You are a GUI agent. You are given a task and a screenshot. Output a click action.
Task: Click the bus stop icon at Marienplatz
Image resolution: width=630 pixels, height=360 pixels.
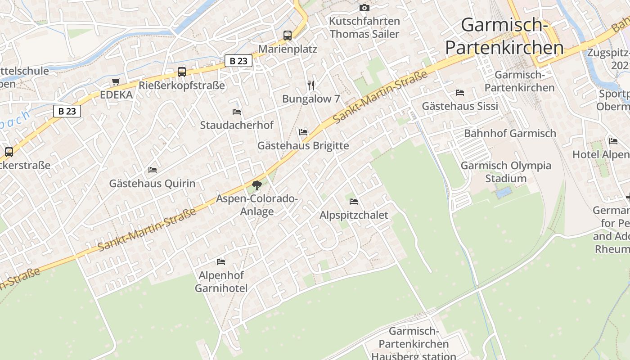tap(287, 35)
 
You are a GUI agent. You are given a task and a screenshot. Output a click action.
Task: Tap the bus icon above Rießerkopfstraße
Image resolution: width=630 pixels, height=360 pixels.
tap(182, 72)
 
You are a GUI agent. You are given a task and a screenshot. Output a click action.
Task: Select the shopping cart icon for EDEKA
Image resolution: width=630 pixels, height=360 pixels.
tap(116, 81)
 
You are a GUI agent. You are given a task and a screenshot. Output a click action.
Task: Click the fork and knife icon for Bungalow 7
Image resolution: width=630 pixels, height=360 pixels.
tap(310, 85)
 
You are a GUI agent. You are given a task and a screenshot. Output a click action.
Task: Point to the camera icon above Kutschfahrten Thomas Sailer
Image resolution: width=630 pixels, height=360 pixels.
tap(364, 8)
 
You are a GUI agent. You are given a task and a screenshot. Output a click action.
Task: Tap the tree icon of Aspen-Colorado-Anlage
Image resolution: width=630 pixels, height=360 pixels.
tap(257, 185)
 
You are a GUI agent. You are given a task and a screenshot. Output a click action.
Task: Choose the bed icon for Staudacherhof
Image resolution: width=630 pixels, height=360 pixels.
tap(237, 112)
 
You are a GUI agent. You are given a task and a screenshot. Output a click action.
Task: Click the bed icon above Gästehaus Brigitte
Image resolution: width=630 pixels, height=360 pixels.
tap(303, 132)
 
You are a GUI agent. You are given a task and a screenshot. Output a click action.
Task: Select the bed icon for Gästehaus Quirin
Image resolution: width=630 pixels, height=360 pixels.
tap(153, 170)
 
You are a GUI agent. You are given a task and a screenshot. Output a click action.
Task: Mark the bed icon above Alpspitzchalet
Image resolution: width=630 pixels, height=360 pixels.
tap(354, 202)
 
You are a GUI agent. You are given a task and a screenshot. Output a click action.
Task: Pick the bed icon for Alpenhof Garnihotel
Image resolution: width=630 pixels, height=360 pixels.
tap(221, 261)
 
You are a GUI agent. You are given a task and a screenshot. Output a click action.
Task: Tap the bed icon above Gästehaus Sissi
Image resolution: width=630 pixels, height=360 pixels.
tap(460, 93)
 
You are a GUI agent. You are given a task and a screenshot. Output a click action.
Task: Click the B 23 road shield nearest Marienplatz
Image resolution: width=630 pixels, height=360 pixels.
tap(238, 61)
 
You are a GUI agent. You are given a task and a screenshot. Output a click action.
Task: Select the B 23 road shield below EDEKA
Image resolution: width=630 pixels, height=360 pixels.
tap(67, 111)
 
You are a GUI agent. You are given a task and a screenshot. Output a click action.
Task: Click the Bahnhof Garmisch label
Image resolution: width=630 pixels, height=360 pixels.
tap(510, 133)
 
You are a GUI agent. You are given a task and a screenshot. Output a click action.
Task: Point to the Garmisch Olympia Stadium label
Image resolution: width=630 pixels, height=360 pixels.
tap(506, 172)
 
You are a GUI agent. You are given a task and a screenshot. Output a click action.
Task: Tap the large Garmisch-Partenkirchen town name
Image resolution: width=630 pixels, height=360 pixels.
tap(504, 36)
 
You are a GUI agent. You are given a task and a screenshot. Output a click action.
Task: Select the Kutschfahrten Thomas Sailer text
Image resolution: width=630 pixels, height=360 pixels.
tap(364, 27)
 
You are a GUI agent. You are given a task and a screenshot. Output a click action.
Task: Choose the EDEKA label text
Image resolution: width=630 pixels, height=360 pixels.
tap(116, 95)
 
